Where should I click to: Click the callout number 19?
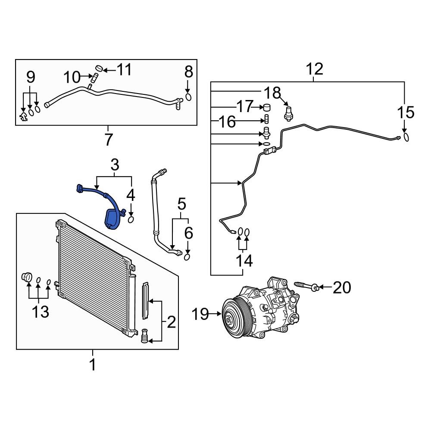click(200, 314)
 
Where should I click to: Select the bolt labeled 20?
click(306, 286)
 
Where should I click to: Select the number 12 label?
click(315, 69)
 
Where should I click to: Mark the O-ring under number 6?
click(188, 257)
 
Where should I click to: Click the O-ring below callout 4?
click(131, 220)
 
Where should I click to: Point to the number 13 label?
click(41, 312)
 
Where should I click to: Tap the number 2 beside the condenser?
click(171, 322)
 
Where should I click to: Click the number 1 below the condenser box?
click(92, 365)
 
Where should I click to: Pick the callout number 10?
click(72, 78)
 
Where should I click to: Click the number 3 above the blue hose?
click(114, 165)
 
